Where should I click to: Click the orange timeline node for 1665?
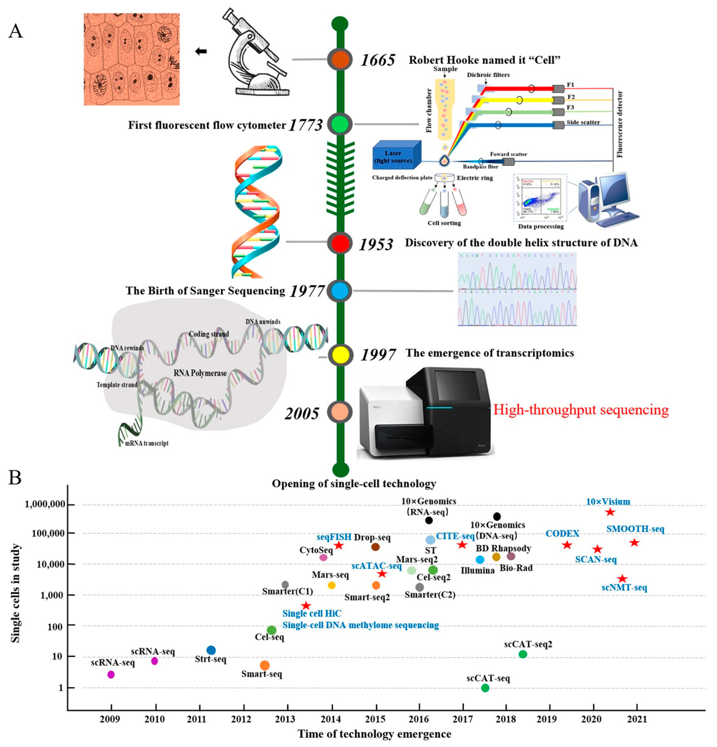(x=340, y=60)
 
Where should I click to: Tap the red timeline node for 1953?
(x=340, y=243)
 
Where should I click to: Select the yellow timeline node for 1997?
(x=340, y=355)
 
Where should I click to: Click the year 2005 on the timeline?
(x=302, y=413)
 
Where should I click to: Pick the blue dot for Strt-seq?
(x=211, y=650)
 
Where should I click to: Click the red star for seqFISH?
(x=338, y=546)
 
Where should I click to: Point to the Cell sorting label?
(x=444, y=223)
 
